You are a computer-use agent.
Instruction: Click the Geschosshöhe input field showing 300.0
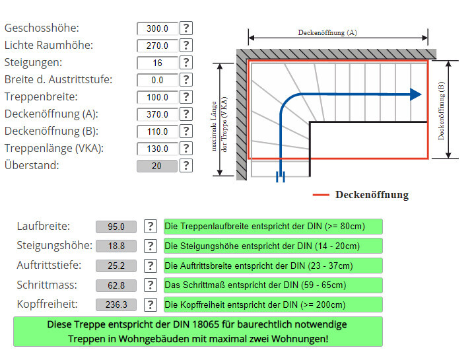point(157,28)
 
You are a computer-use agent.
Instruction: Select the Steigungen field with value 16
point(157,63)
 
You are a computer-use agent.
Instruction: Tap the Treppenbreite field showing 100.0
point(157,97)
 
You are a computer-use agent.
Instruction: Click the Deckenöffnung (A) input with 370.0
point(157,114)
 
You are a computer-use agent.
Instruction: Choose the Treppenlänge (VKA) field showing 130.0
point(157,149)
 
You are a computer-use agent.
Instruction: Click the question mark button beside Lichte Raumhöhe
point(187,46)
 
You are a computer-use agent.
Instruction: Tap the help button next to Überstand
point(187,166)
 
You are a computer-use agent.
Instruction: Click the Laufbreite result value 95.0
point(116,227)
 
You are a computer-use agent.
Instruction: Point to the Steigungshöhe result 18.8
point(116,246)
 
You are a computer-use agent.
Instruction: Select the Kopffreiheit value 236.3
point(116,305)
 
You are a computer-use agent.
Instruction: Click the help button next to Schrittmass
point(151,285)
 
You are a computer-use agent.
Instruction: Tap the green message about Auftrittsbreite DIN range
point(273,266)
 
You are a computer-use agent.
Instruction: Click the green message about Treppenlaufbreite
point(273,227)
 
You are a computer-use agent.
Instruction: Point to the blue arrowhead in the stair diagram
point(415,94)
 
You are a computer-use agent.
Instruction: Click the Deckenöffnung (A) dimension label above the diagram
point(327,32)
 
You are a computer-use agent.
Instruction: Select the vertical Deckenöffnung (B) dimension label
point(441,110)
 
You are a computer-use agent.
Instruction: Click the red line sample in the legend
point(321,195)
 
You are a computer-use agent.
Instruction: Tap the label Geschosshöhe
point(42,28)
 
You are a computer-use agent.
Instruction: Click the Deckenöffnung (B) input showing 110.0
point(157,131)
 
